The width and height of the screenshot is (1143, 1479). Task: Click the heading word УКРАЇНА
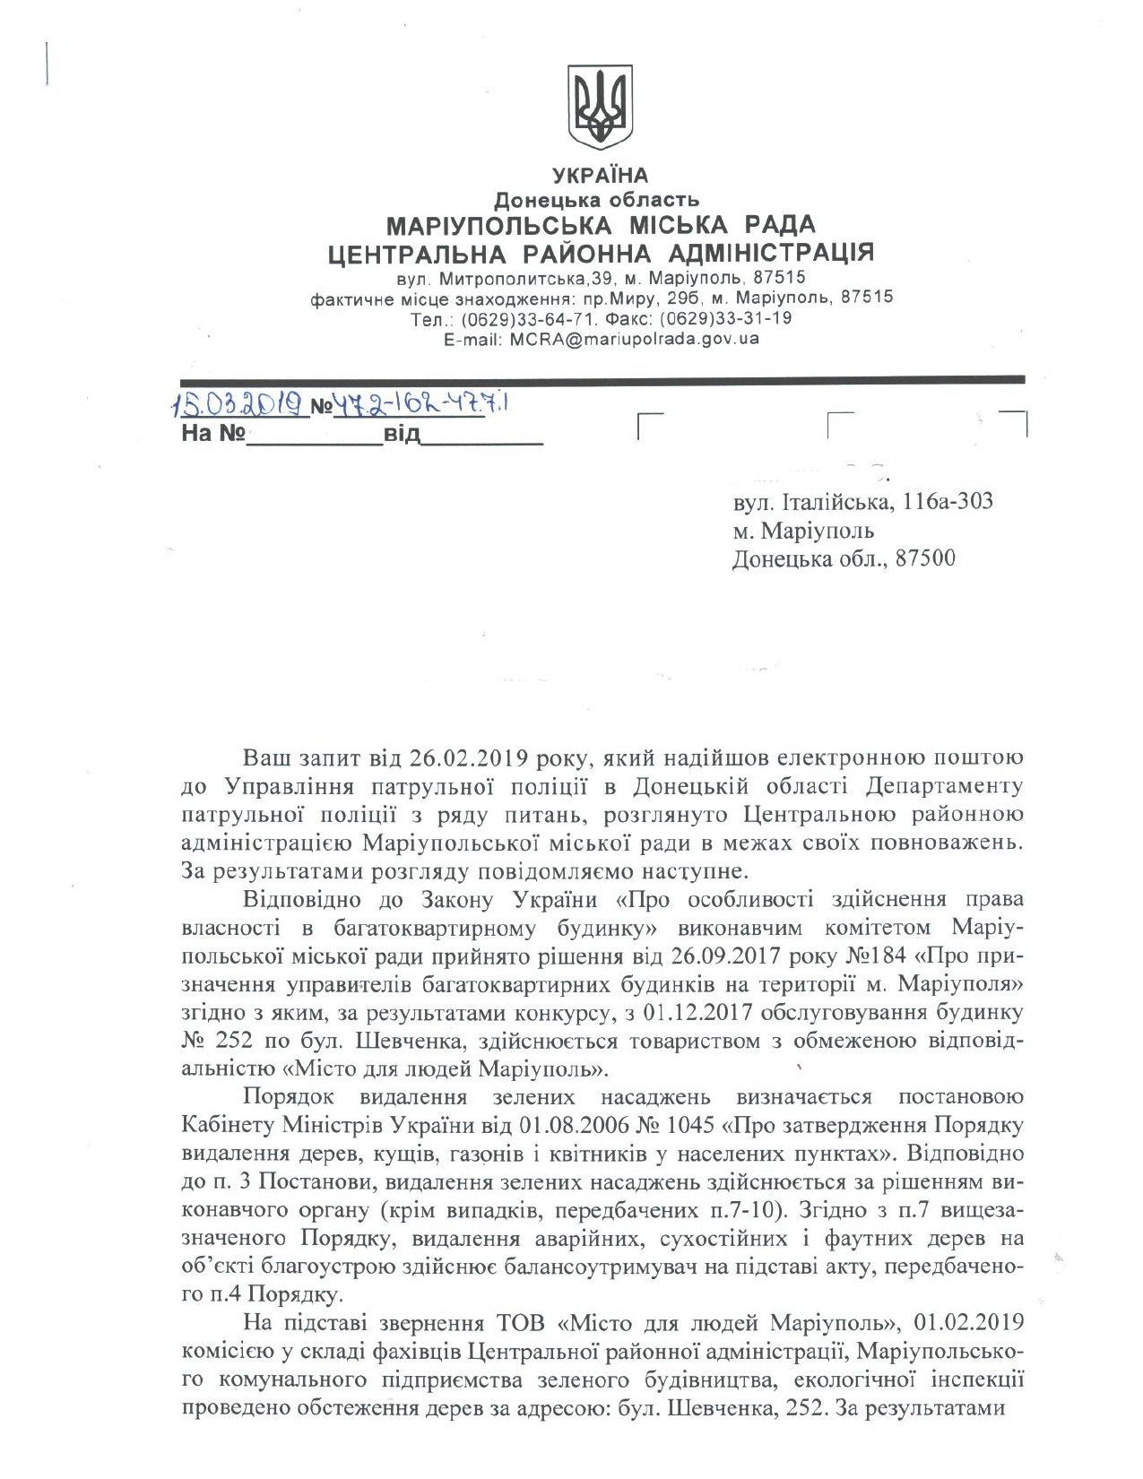click(x=601, y=175)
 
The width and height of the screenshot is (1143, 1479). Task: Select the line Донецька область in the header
click(x=599, y=199)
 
